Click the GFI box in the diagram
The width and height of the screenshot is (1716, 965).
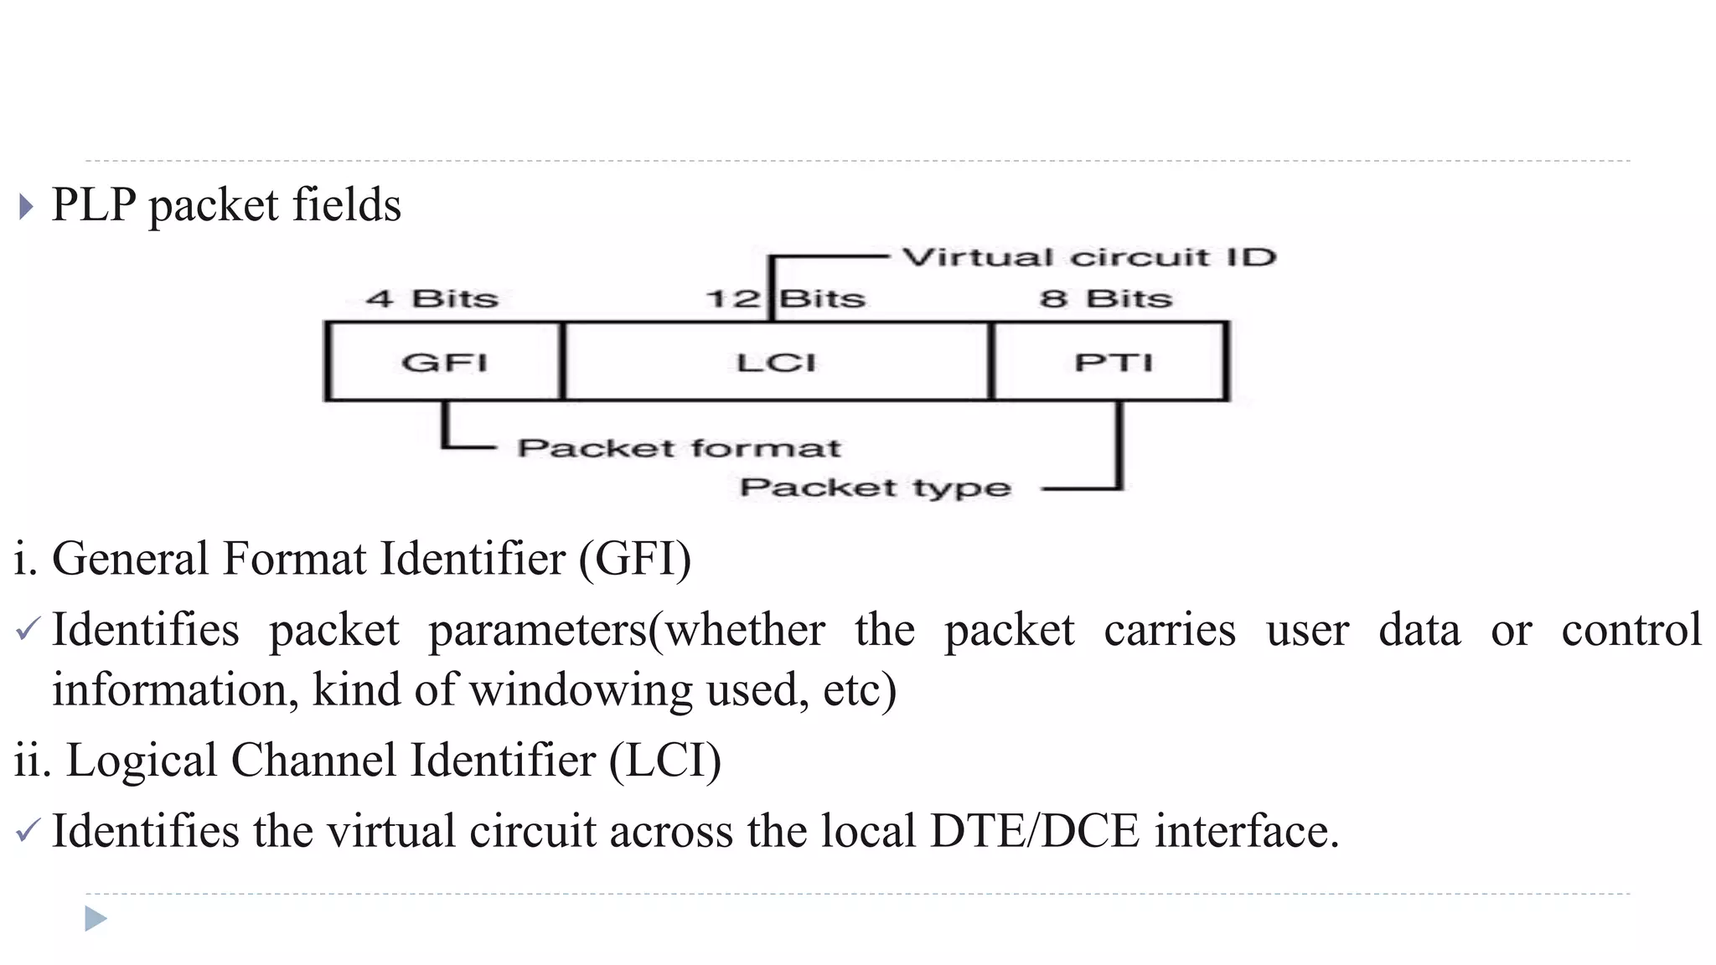(x=444, y=362)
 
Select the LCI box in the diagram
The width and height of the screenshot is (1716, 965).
(x=776, y=362)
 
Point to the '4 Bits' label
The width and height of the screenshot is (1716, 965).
(x=432, y=298)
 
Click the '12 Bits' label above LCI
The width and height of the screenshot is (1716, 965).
(x=785, y=298)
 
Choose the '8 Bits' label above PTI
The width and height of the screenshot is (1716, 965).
(x=1106, y=298)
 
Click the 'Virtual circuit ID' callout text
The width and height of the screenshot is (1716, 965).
(x=1088, y=257)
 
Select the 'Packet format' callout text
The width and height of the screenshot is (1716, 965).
(x=679, y=448)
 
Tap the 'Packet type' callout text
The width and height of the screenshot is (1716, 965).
(x=876, y=488)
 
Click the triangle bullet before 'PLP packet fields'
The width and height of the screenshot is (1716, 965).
(x=26, y=206)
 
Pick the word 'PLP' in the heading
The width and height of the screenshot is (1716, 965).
(x=94, y=204)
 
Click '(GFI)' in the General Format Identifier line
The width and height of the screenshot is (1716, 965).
(x=635, y=559)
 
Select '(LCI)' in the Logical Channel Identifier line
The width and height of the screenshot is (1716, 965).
(x=664, y=761)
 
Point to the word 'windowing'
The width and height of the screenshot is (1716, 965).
(x=580, y=690)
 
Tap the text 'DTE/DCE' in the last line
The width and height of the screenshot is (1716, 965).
(x=1035, y=831)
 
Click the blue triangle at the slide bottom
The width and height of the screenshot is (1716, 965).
(x=96, y=919)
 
